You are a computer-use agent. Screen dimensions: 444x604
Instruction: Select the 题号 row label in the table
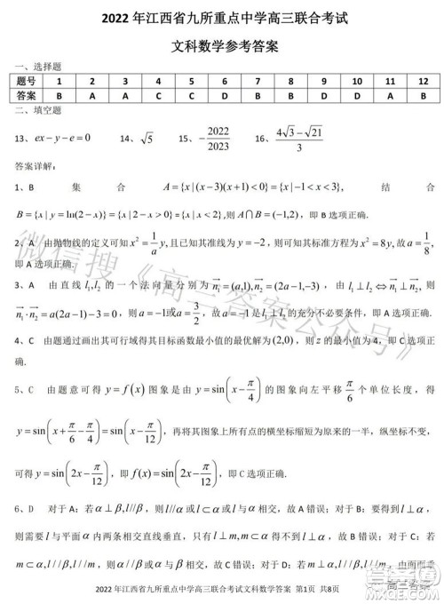click(x=28, y=81)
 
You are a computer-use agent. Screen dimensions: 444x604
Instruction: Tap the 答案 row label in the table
click(x=28, y=95)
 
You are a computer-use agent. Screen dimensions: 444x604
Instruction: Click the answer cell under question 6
click(x=226, y=95)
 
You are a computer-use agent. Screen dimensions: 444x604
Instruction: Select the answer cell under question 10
click(x=357, y=95)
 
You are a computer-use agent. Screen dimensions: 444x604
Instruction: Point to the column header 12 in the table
click(x=423, y=81)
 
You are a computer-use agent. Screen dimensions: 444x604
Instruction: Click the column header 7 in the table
click(x=258, y=81)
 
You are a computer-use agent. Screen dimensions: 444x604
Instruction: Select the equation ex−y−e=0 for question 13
click(x=67, y=139)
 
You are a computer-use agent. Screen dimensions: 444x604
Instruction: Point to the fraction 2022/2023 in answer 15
click(x=217, y=139)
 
